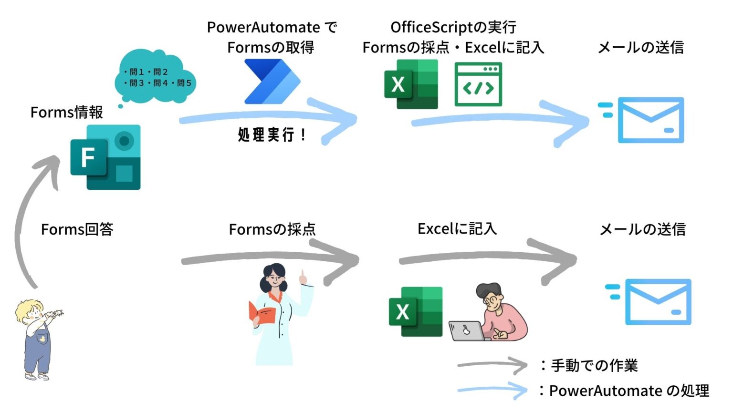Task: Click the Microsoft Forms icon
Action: [x=105, y=157]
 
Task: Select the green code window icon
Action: [x=478, y=84]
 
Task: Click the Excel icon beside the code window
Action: [x=411, y=84]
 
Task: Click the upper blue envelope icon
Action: [x=650, y=120]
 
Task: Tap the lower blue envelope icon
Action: [x=658, y=302]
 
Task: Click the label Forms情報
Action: [x=67, y=113]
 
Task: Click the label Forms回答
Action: [x=77, y=229]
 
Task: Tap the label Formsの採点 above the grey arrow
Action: [x=272, y=229]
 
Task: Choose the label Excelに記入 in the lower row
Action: [x=457, y=229]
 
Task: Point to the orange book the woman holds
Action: [x=262, y=312]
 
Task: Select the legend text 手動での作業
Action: [x=594, y=366]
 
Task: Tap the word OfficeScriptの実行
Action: [x=453, y=27]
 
